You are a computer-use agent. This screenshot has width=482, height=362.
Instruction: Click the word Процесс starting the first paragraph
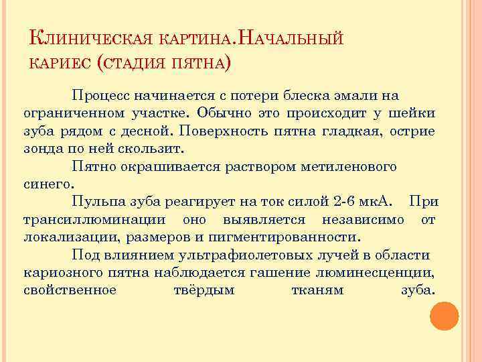click(x=100, y=95)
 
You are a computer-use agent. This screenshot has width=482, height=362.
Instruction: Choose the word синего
click(x=50, y=183)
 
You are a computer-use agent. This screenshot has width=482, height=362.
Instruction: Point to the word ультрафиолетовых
click(x=250, y=255)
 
